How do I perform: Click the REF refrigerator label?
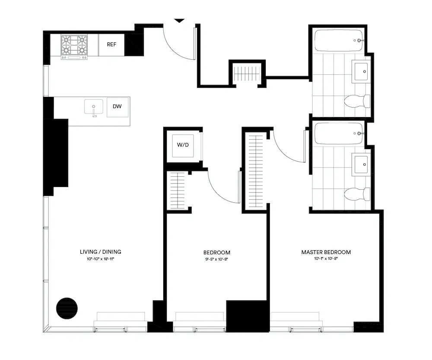click(x=112, y=45)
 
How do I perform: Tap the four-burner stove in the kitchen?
click(x=74, y=46)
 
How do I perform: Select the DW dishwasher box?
click(x=118, y=107)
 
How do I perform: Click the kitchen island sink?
click(x=93, y=107)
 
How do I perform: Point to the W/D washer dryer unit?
click(x=183, y=145)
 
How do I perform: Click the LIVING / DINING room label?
click(x=100, y=252)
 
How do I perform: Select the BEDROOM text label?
click(x=217, y=252)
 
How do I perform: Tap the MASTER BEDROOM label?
click(x=326, y=252)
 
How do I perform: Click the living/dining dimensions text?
click(x=100, y=259)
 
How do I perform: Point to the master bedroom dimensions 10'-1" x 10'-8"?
click(x=326, y=259)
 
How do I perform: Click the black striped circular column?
click(x=67, y=308)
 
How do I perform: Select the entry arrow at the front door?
click(x=179, y=20)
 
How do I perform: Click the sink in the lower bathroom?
click(x=361, y=163)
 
